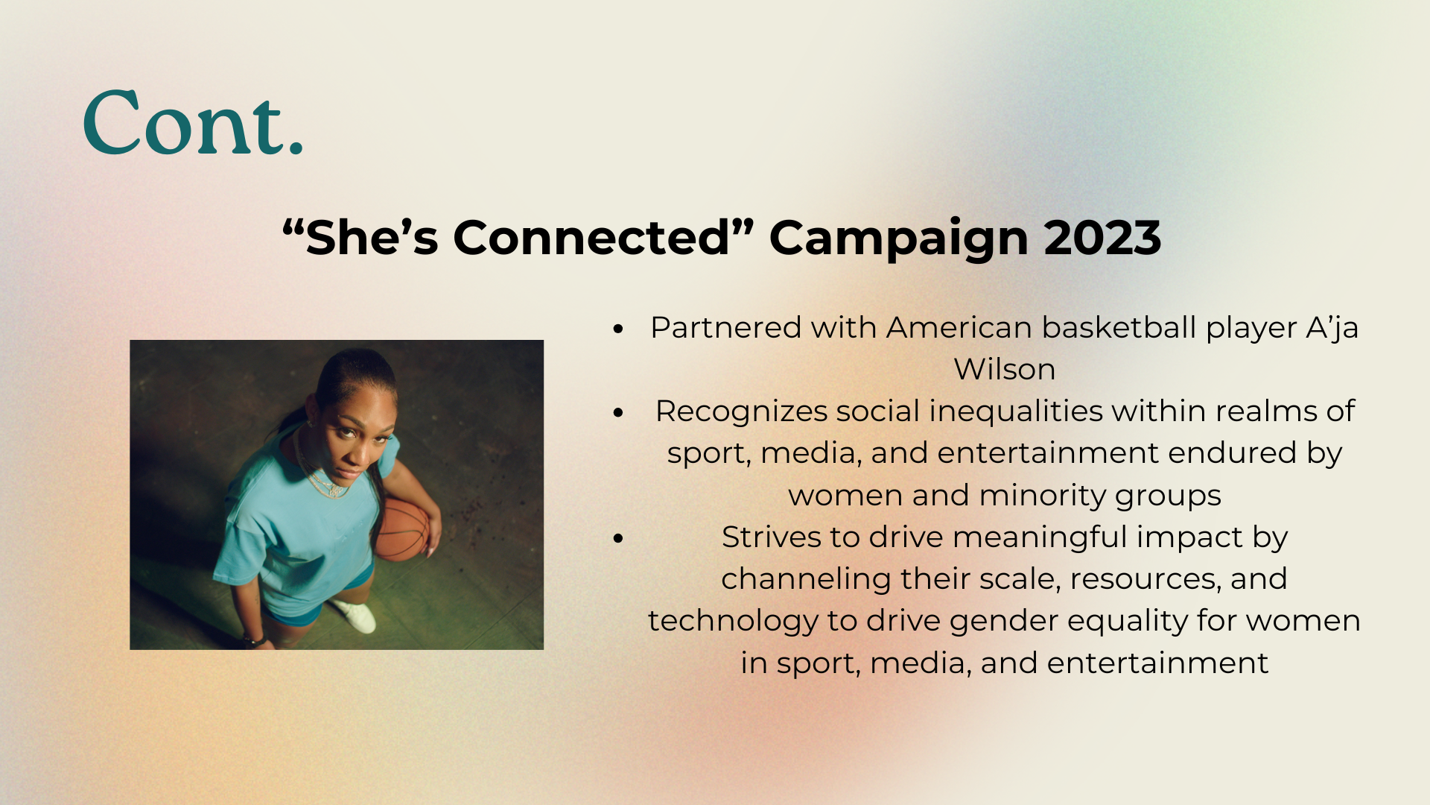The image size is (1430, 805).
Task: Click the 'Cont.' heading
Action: pyautogui.click(x=193, y=123)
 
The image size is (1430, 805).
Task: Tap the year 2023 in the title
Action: pyautogui.click(x=1102, y=238)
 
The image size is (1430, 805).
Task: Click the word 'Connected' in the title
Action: pyautogui.click(x=592, y=238)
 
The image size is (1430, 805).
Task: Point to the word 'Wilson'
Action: pyautogui.click(x=1005, y=370)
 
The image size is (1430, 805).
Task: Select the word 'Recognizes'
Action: pyautogui.click(x=742, y=412)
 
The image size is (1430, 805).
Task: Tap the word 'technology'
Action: pyautogui.click(x=733, y=622)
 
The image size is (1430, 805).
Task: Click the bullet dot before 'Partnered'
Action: pyautogui.click(x=617, y=329)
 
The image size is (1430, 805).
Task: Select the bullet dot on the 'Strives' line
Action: pyautogui.click(x=617, y=538)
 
